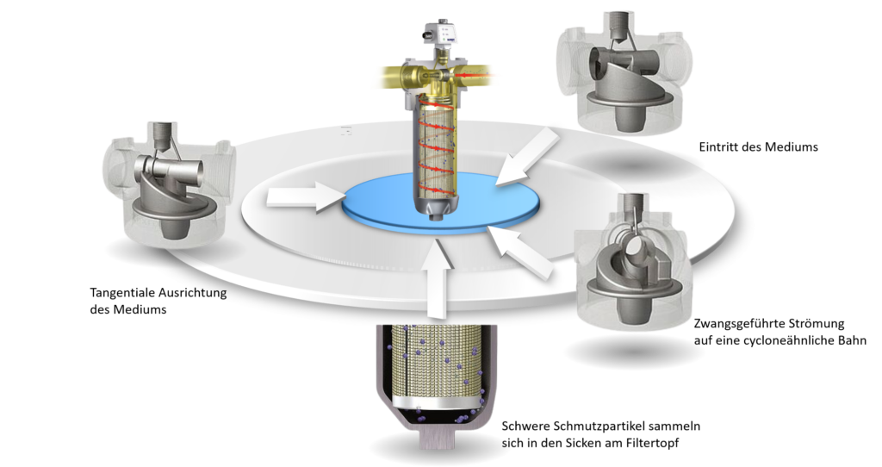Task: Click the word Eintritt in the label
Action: [717, 147]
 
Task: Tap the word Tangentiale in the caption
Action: [122, 293]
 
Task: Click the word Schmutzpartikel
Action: [593, 426]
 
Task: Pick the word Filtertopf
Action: [653, 443]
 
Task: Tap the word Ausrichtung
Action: [192, 293]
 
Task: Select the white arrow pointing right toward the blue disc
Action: [307, 197]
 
